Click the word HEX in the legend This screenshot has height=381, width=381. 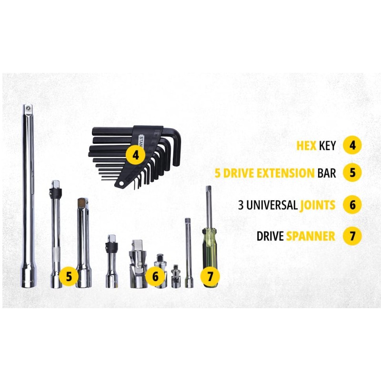(306, 146)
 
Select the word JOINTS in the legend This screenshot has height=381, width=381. (318, 205)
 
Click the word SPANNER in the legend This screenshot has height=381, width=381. (311, 236)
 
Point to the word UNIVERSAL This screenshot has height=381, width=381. (272, 205)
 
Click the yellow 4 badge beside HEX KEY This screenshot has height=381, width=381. (352, 145)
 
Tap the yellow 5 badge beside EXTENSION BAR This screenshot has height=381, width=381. (352, 173)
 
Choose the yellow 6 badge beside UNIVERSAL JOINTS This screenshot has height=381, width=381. (352, 205)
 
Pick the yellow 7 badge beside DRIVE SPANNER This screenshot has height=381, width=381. (352, 236)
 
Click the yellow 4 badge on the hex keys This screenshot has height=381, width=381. (136, 155)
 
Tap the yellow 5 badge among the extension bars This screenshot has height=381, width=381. (69, 276)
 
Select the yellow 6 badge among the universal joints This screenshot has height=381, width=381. (155, 276)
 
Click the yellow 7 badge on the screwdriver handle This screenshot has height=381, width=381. (210, 276)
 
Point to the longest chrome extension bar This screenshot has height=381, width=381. (29, 196)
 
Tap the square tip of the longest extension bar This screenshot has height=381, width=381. (28, 108)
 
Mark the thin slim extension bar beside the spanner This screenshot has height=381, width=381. (188, 253)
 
